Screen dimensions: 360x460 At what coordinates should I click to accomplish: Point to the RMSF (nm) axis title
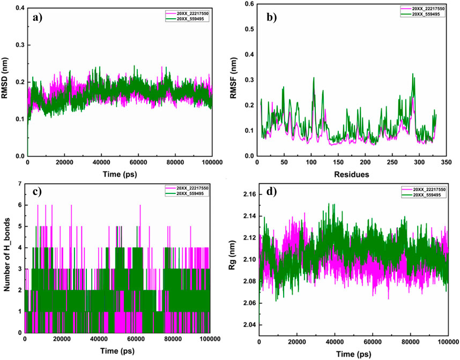236,80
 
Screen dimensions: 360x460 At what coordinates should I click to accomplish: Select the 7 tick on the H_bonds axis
19,184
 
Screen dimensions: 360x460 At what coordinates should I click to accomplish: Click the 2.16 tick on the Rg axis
247,193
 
